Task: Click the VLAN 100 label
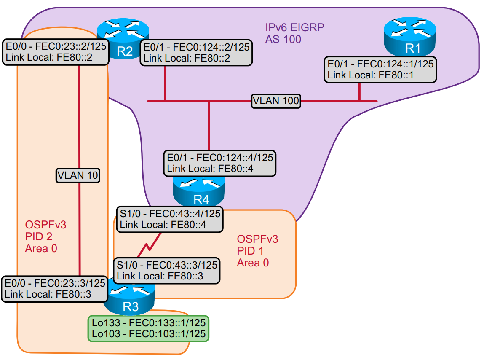click(x=276, y=101)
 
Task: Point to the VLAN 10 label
click(x=78, y=175)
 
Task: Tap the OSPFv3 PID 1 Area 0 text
click(x=257, y=251)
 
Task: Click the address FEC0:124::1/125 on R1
click(x=394, y=64)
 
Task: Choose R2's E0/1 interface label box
click(x=196, y=53)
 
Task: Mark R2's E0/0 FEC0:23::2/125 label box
click(x=55, y=52)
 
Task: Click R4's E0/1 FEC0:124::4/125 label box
click(x=219, y=163)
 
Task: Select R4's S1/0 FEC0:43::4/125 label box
click(x=169, y=219)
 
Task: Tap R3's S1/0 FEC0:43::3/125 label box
click(x=167, y=270)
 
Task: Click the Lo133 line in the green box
click(x=148, y=323)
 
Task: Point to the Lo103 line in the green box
click(x=148, y=334)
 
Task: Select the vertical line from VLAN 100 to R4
click(x=209, y=126)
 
